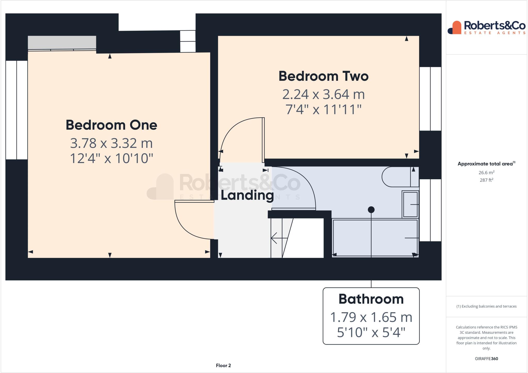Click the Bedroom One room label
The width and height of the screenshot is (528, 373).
111,125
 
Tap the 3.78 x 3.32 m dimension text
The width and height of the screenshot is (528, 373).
111,143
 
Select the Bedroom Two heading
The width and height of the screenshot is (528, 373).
324,76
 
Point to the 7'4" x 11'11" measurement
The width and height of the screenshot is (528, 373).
324,110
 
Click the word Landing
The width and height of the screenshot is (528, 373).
247,195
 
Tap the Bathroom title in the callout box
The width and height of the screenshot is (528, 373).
371,299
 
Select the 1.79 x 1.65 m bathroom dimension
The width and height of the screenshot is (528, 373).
371,317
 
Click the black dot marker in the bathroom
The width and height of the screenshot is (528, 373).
371,210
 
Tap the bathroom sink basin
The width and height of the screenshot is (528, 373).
410,205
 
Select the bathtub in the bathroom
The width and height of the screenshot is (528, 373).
375,238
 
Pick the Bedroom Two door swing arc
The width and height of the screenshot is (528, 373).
232,129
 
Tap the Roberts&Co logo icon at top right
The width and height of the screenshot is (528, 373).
455,28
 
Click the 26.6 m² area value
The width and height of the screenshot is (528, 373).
486,173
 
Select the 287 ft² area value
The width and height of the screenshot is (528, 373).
486,180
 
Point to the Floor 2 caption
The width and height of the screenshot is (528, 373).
223,366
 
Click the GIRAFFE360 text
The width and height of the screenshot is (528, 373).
486,359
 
